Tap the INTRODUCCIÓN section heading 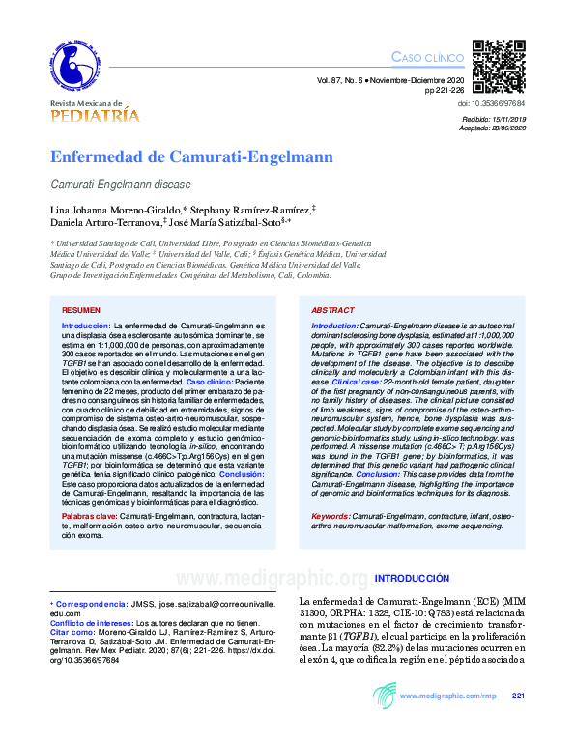[412, 578]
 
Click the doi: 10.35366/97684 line [490, 102]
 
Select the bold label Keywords [331, 517]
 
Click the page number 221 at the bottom [518, 696]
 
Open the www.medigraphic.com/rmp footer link [447, 696]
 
